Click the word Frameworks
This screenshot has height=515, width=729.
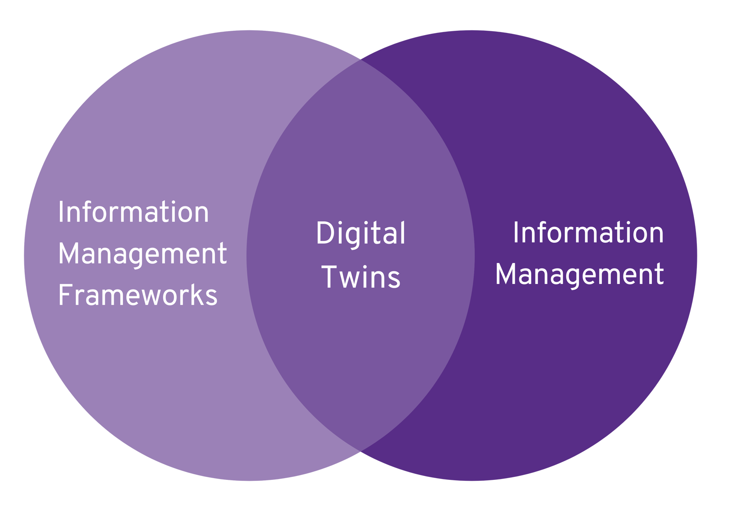pos(138,296)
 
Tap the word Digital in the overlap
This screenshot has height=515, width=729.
pos(361,234)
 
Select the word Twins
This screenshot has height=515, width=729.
pos(361,277)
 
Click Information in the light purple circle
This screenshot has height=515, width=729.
pos(133,212)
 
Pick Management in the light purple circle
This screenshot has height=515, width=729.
pos(142,254)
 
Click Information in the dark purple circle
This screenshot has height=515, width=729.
pos(588,233)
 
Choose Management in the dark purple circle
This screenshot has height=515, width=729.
pos(579,274)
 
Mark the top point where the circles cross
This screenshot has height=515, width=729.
pos(361,60)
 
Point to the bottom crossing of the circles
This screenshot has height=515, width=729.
pos(361,451)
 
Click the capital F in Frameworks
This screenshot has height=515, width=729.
pos(65,296)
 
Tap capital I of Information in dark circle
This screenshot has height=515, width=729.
pos(516,233)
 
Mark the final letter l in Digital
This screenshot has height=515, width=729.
pos(402,233)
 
